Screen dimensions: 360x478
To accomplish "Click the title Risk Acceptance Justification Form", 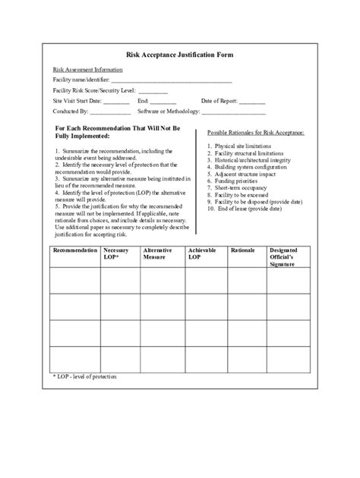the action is [180, 55].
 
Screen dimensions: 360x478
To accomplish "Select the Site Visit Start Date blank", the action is [116, 101].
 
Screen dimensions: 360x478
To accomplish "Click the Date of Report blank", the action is [252, 101].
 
